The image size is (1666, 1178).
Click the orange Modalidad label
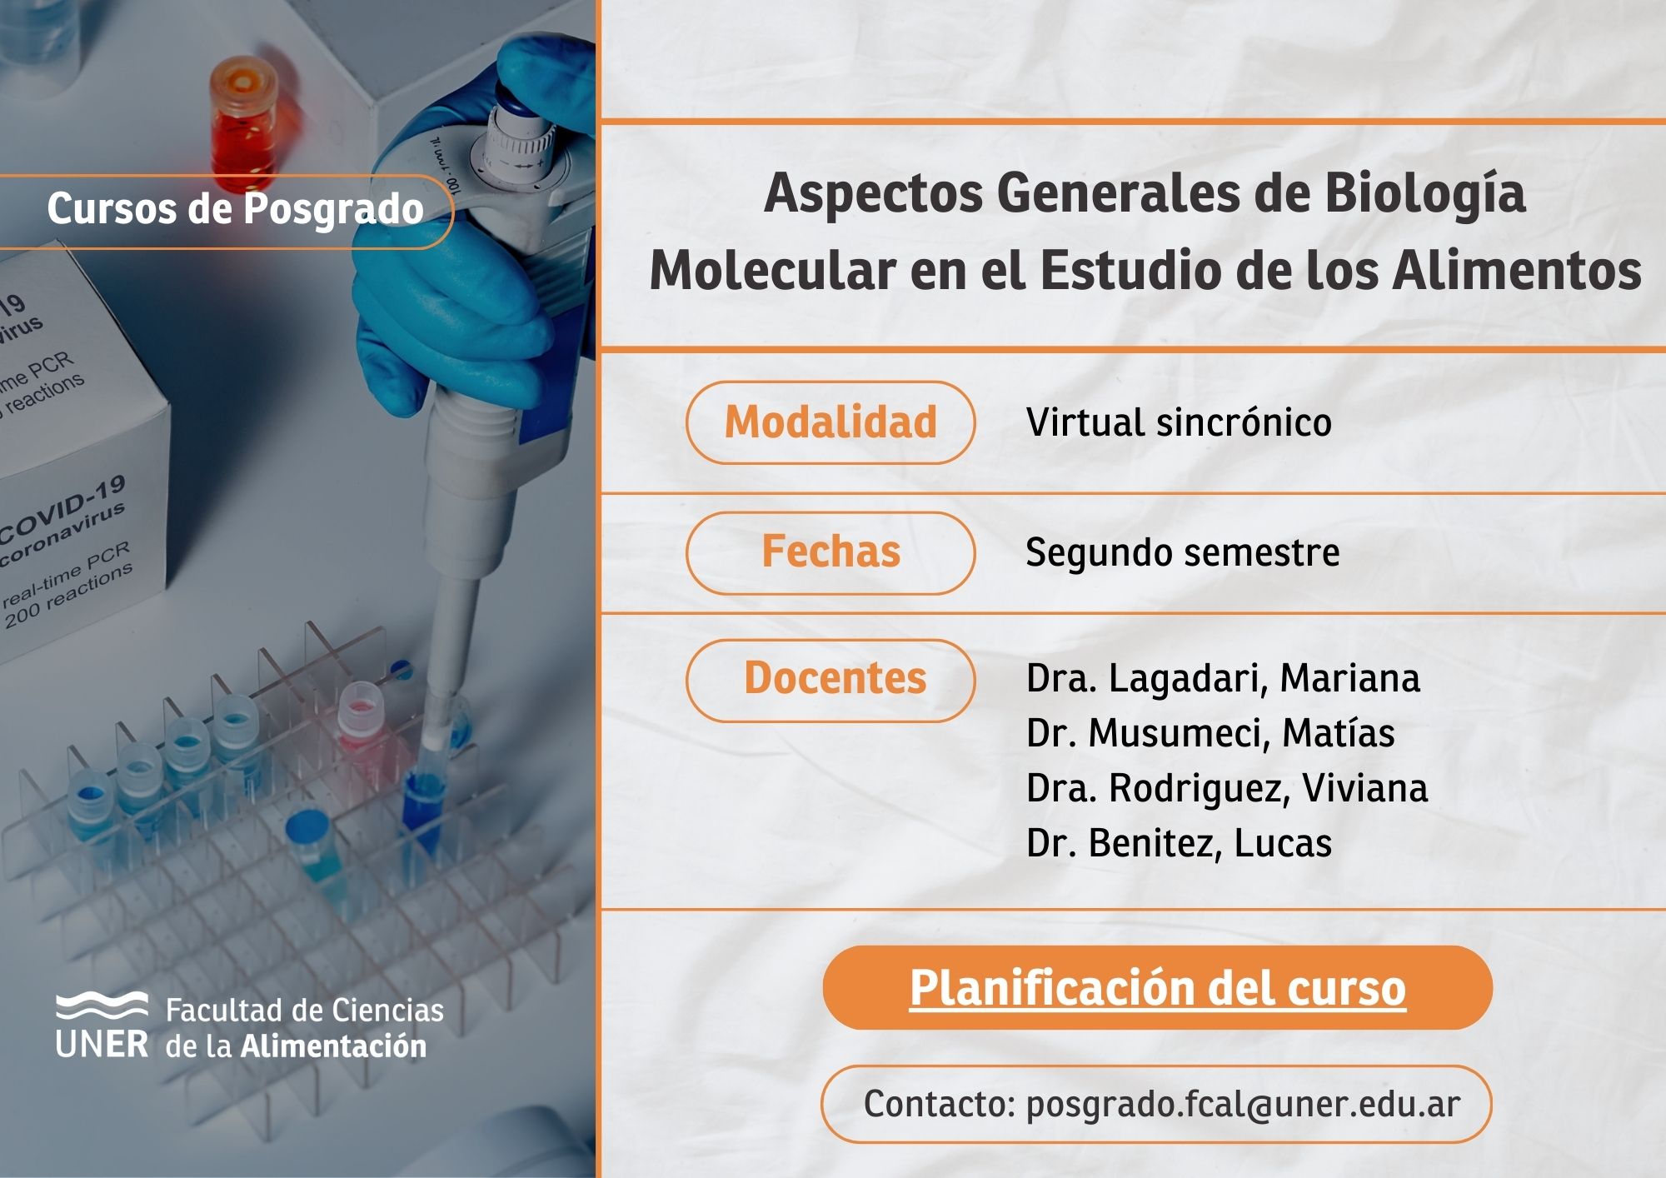[831, 422]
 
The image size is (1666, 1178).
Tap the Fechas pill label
[831, 552]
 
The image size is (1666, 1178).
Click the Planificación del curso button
[1157, 988]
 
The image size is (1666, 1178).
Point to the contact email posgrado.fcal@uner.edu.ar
[1243, 1105]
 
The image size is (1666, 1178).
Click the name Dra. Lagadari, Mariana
[1223, 678]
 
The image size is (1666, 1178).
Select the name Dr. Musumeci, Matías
[1210, 733]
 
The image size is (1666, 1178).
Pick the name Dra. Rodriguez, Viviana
[1227, 788]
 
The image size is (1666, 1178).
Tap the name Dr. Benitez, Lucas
[1179, 843]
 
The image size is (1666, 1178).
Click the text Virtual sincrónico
[1179, 422]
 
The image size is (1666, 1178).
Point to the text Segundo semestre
[1183, 552]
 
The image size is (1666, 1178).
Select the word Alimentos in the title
[1517, 271]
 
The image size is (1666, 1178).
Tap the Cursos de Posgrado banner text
[236, 209]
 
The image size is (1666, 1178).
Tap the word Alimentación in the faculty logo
[333, 1046]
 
